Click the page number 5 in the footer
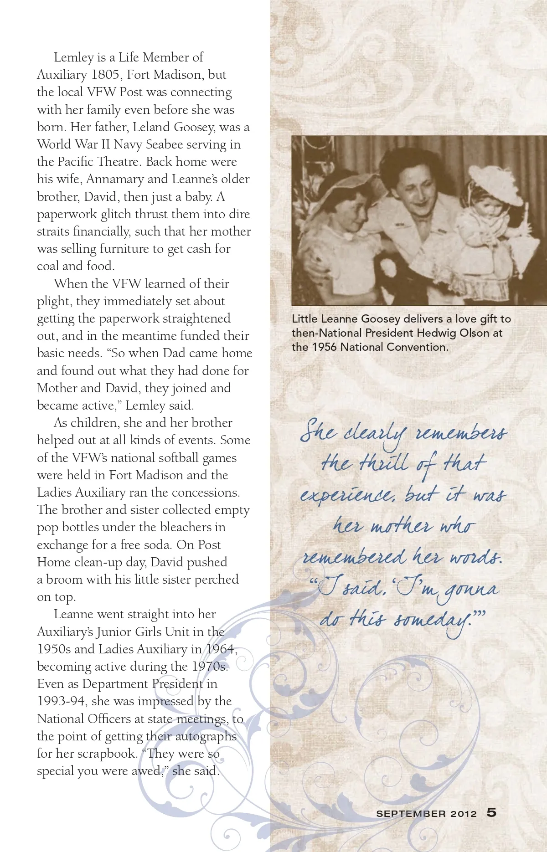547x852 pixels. tap(491, 812)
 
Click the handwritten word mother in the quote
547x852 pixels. tap(401, 526)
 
